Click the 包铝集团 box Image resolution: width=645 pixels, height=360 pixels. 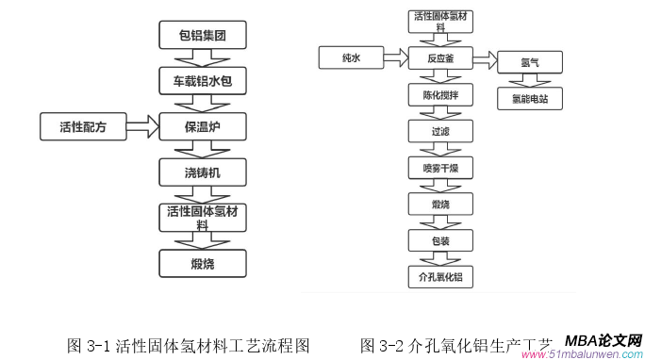pyautogui.click(x=202, y=37)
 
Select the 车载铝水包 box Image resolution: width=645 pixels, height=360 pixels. pyautogui.click(x=202, y=81)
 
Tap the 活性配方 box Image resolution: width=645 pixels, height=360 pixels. pyautogui.click(x=83, y=126)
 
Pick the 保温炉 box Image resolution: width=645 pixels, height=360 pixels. pyautogui.click(x=202, y=126)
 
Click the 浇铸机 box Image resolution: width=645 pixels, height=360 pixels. pyautogui.click(x=202, y=172)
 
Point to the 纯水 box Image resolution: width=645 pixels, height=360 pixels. pyautogui.click(x=351, y=59)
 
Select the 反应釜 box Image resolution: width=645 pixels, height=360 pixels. pyautogui.click(x=440, y=59)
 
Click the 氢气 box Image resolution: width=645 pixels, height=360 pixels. pyautogui.click(x=530, y=63)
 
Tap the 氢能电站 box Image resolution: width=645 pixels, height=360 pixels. pyautogui.click(x=530, y=97)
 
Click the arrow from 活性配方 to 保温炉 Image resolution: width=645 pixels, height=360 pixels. pyautogui.click(x=142, y=126)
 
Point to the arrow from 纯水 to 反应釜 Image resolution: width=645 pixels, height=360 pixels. pyautogui.click(x=396, y=59)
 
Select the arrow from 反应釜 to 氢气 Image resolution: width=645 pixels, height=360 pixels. pyautogui.click(x=485, y=60)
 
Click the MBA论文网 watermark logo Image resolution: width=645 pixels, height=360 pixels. pyautogui.click(x=604, y=340)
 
